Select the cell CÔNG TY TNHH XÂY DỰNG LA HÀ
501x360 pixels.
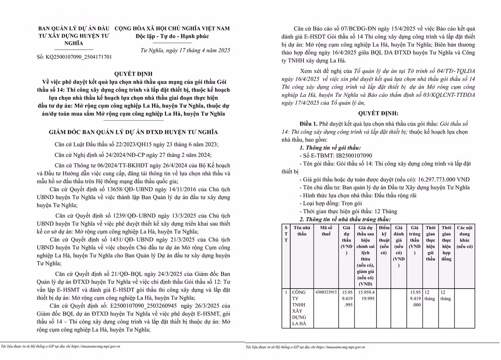[301, 307]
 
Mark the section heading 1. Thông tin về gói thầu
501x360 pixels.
[330, 148]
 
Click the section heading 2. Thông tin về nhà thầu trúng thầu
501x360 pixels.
[345, 219]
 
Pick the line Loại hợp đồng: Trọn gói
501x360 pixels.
[326, 203]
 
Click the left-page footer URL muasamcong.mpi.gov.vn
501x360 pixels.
[96, 346]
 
